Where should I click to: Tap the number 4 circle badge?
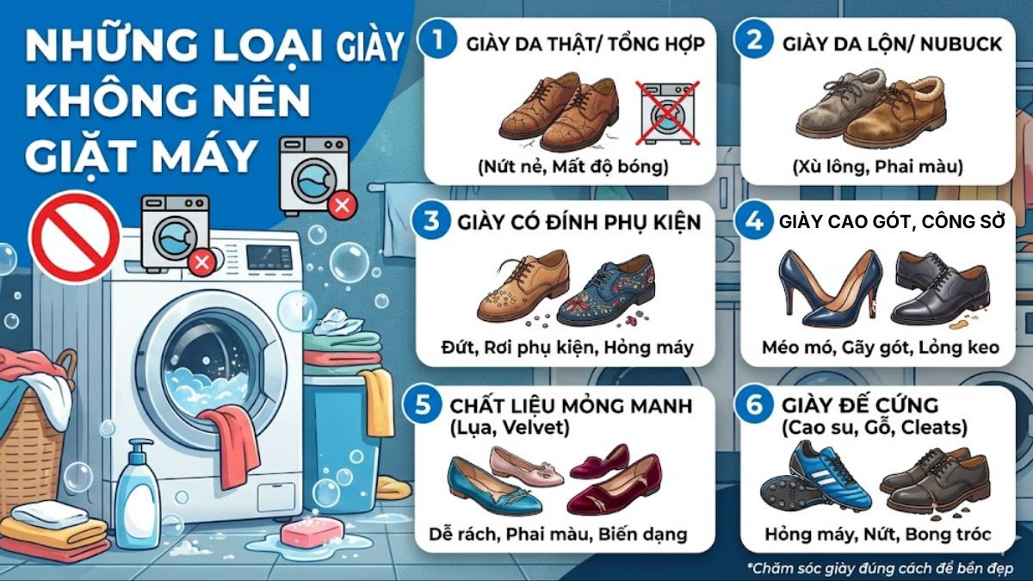(754, 221)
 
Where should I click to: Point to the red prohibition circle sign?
(74, 238)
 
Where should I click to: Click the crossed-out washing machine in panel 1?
(667, 113)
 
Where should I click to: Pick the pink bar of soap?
(312, 531)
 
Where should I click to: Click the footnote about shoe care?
(879, 567)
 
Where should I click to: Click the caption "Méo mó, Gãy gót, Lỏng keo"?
(880, 349)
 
